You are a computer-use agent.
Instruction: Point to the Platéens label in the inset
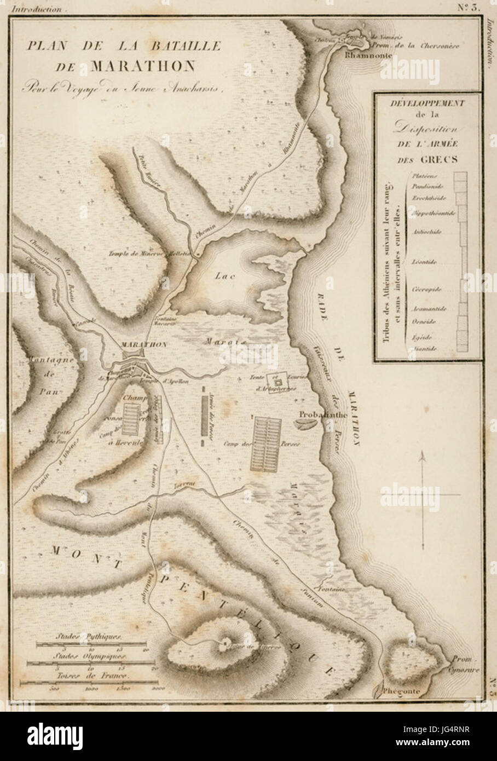click(x=423, y=176)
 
